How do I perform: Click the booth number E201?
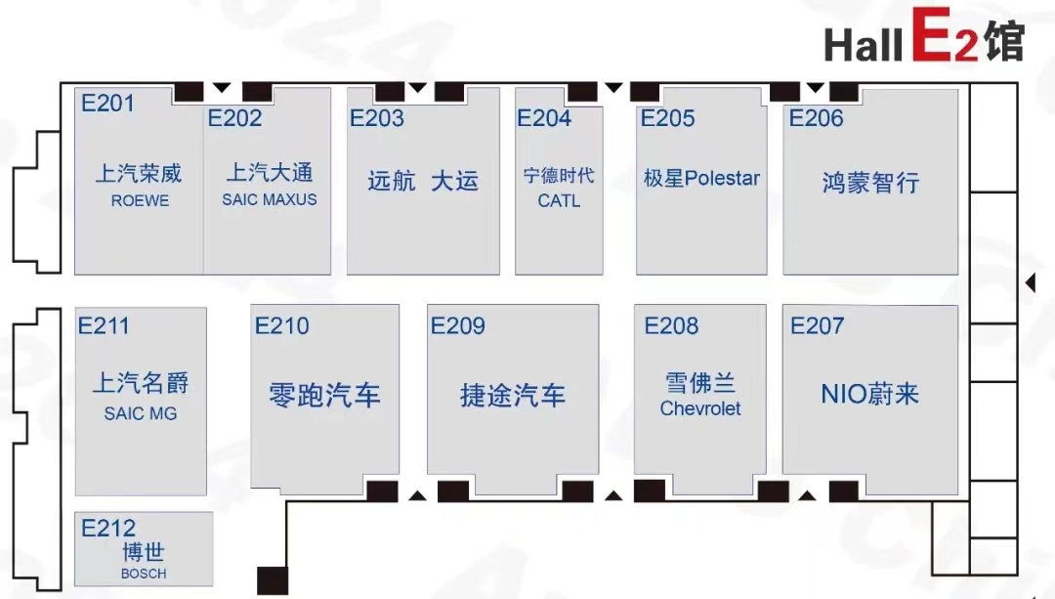click(107, 103)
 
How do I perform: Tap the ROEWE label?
click(140, 200)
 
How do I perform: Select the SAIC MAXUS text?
click(270, 200)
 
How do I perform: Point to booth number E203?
click(377, 118)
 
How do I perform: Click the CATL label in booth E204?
click(559, 200)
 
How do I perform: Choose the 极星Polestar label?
click(701, 179)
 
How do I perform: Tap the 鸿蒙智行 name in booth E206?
click(870, 183)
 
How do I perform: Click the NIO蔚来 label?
click(870, 394)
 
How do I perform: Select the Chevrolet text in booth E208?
click(699, 408)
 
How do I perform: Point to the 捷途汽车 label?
click(513, 395)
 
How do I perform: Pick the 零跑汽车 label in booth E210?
click(324, 395)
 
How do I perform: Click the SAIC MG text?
click(141, 413)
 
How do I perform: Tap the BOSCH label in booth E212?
click(144, 574)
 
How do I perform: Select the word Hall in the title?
click(864, 44)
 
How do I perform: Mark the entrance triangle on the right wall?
click(1031, 282)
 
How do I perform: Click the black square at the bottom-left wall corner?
click(273, 580)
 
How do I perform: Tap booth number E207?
click(817, 325)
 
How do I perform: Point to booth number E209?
click(457, 325)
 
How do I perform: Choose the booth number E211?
click(104, 325)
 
